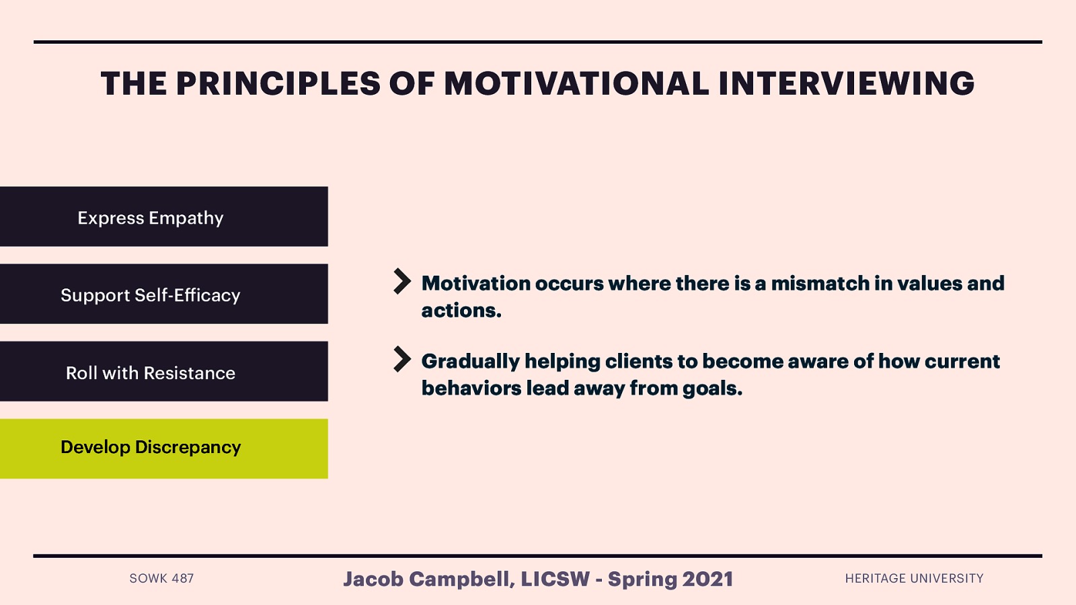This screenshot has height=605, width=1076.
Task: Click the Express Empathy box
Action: (x=163, y=216)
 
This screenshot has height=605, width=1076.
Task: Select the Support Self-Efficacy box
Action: (x=163, y=294)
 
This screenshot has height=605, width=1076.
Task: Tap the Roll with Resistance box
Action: (x=163, y=372)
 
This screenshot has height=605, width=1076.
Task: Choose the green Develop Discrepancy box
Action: (x=163, y=448)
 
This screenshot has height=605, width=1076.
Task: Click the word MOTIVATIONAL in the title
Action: (x=576, y=84)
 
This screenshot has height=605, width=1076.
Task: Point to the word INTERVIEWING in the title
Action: (x=846, y=84)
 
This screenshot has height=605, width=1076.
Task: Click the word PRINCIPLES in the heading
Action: (x=278, y=84)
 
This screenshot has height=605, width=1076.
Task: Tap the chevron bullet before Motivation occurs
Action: (x=401, y=281)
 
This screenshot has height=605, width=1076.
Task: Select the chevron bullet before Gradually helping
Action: (x=401, y=359)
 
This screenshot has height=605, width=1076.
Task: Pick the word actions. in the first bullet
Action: (x=461, y=311)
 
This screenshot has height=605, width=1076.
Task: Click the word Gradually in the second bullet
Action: (x=470, y=362)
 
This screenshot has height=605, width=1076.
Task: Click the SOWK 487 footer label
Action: (x=161, y=578)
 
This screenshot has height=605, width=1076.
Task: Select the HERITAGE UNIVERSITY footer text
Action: (x=914, y=578)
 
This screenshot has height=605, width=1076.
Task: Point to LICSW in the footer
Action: (x=555, y=579)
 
